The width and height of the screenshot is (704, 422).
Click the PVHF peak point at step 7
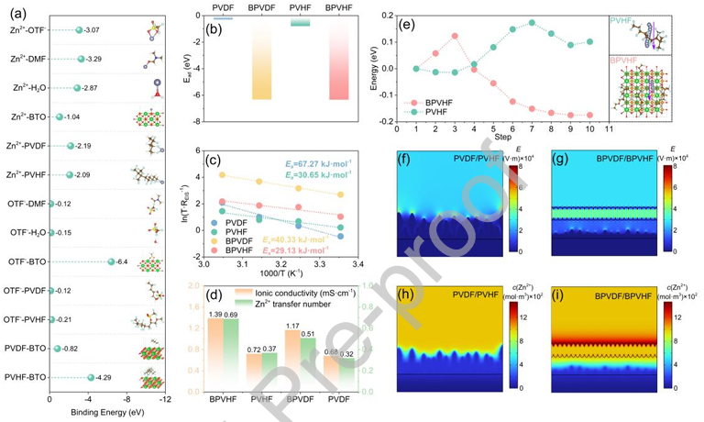(532, 22)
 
